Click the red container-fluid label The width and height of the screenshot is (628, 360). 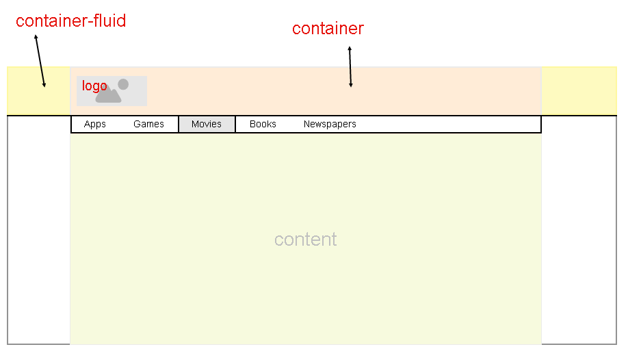71,21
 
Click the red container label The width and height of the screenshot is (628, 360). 328,29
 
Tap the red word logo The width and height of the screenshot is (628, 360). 94,86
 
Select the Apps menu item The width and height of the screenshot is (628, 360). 95,125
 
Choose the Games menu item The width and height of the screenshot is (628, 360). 148,125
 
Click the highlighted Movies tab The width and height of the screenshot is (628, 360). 207,125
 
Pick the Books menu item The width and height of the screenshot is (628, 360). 263,125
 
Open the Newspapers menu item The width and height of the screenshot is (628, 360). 330,125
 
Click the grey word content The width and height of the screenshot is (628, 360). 306,240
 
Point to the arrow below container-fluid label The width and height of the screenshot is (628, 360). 40,61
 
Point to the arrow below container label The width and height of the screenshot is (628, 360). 350,66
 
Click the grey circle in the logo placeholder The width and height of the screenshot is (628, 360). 123,84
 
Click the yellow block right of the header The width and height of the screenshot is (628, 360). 579,91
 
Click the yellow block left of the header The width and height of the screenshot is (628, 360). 38,91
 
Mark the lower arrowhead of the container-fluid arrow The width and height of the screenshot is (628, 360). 44,85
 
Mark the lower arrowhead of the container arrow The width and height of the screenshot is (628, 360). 350,85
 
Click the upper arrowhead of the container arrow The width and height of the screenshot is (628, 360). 350,48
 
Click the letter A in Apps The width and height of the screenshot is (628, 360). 87,124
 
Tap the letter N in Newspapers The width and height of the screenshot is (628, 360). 306,124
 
